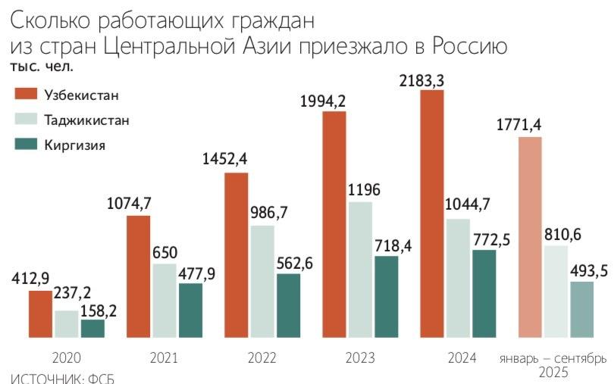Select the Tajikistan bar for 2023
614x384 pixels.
click(360, 269)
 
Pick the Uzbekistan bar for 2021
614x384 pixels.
click(138, 276)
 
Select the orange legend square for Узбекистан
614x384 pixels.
click(26, 94)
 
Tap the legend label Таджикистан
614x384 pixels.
click(86, 120)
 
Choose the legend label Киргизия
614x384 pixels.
click(75, 145)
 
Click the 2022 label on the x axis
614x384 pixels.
click(263, 357)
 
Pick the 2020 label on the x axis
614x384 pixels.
click(67, 357)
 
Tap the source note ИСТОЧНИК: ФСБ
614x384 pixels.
click(62, 378)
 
